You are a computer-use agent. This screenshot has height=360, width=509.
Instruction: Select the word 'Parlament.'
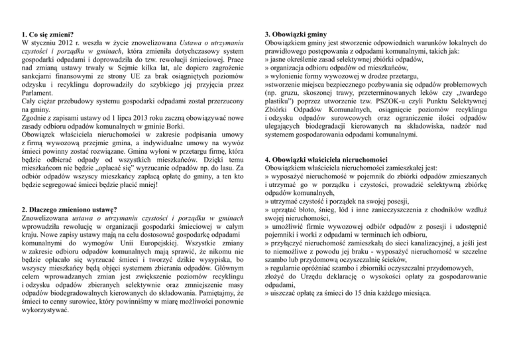click(x=40, y=93)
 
